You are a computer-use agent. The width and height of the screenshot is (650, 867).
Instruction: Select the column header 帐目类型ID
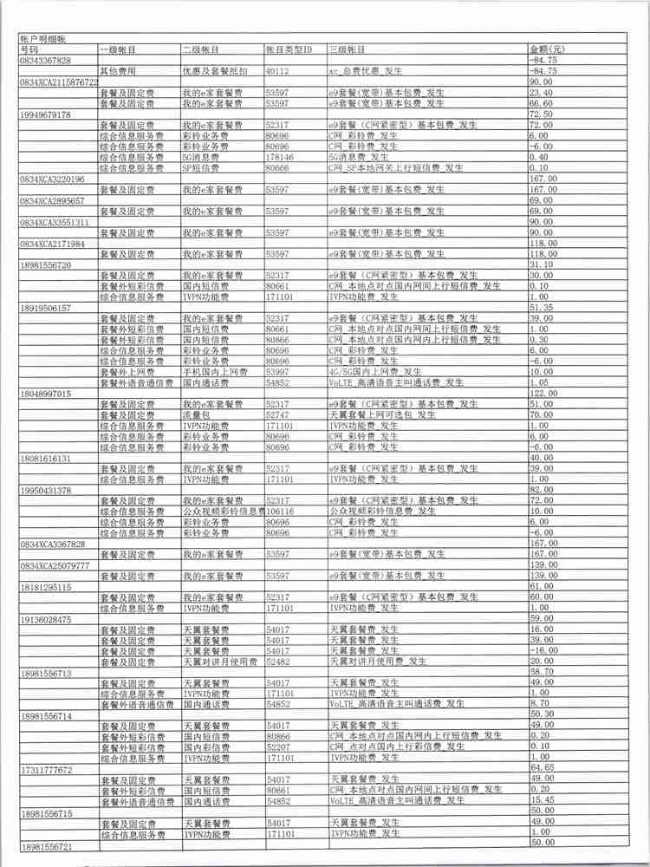click(x=289, y=50)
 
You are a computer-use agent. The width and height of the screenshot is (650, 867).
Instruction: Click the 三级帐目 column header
click(x=347, y=50)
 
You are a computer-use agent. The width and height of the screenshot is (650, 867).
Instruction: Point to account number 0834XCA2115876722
click(x=58, y=81)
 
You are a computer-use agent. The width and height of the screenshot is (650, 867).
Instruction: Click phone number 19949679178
click(x=46, y=114)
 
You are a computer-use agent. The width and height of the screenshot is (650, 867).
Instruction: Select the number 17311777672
click(x=46, y=769)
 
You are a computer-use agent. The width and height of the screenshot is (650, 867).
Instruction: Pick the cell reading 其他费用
click(x=119, y=70)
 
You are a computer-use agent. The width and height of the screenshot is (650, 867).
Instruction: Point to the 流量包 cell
click(x=196, y=415)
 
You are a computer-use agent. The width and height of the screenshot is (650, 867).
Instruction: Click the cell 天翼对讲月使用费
click(x=219, y=660)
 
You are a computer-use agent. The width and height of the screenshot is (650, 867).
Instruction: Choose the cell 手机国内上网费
click(x=211, y=371)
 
